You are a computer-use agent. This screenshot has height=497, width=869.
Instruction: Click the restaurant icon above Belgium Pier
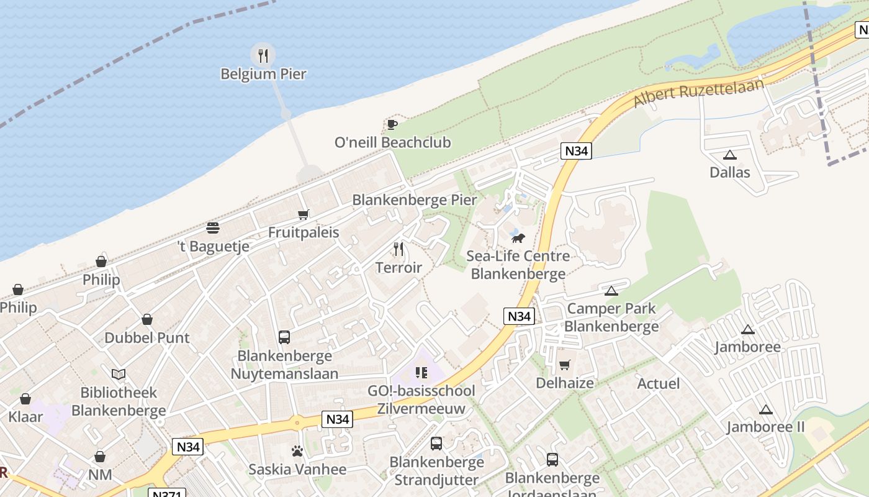pos(263,55)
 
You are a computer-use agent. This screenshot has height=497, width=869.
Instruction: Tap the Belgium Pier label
pos(263,74)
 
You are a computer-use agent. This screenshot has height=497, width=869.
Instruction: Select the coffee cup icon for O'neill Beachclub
pos(392,124)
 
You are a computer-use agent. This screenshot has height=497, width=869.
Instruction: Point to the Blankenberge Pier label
pos(414,200)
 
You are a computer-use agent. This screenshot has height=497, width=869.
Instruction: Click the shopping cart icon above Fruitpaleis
pos(303,215)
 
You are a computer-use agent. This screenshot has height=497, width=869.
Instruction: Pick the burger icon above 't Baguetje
pos(213,228)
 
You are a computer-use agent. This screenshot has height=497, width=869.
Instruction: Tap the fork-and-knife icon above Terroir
pos(398,249)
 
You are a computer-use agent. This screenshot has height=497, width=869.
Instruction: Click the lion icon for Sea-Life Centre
pos(518,238)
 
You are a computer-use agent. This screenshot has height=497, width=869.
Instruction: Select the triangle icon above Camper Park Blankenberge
pos(611,291)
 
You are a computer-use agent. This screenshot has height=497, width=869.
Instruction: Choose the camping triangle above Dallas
pos(729,155)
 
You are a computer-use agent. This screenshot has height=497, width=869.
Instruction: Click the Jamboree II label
pos(765,427)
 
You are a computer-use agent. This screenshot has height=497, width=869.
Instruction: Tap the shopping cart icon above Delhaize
pos(564,365)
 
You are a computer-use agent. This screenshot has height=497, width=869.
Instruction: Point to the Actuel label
pos(658,383)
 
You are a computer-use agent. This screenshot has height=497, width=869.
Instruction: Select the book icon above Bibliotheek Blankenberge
pos(119,374)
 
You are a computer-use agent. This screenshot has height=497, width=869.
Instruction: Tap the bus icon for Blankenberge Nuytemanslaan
pos(284,337)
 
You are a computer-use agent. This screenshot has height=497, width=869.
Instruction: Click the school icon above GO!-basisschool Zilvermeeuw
pos(421,373)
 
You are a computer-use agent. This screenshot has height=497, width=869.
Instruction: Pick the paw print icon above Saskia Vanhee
pos(297,451)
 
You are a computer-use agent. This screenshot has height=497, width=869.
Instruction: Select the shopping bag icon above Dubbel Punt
pos(147,319)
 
